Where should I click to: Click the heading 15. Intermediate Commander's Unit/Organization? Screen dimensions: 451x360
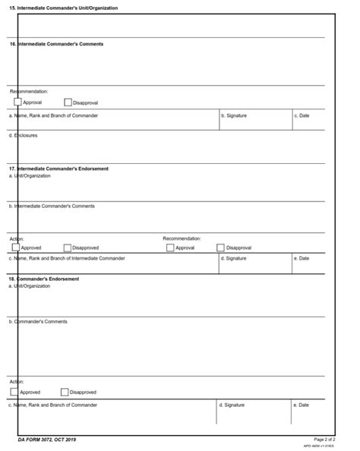pyautogui.click(x=63, y=8)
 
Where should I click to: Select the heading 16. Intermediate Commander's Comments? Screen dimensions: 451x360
pyautogui.click(x=56, y=44)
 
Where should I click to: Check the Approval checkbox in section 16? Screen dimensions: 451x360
pyautogui.click(x=17, y=102)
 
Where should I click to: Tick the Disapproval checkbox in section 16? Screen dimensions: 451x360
pyautogui.click(x=68, y=102)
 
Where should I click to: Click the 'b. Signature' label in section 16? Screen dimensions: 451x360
pyautogui.click(x=233, y=115)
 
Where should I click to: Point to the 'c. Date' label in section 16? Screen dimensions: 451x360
pyautogui.click(x=302, y=115)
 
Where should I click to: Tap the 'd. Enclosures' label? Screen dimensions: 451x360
pyautogui.click(x=23, y=135)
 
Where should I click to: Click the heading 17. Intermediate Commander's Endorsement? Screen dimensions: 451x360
pyautogui.click(x=58, y=168)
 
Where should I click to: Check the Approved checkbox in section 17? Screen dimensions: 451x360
pyautogui.click(x=16, y=247)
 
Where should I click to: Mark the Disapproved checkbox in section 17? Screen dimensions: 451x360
pyautogui.click(x=68, y=247)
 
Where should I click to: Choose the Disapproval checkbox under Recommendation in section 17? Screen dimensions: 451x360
pyautogui.click(x=221, y=247)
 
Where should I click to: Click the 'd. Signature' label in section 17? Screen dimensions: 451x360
pyautogui.click(x=233, y=258)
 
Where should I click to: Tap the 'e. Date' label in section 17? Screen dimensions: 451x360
pyautogui.click(x=302, y=258)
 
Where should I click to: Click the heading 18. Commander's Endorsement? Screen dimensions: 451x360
pyautogui.click(x=44, y=279)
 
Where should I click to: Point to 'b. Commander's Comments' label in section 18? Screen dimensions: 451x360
pyautogui.click(x=38, y=321)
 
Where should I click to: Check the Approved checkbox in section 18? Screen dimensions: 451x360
pyautogui.click(x=14, y=392)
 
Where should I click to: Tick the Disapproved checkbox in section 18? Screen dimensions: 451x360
pyautogui.click(x=65, y=392)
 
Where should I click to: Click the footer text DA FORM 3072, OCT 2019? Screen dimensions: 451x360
pyautogui.click(x=47, y=440)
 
